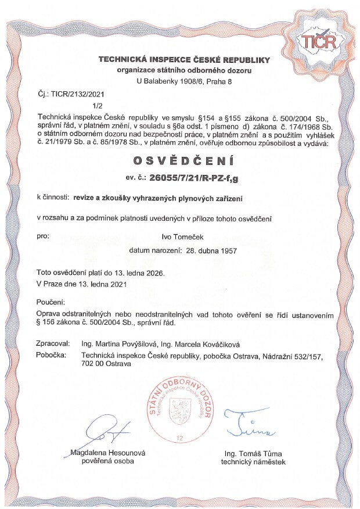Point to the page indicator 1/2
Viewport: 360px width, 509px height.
click(x=97, y=106)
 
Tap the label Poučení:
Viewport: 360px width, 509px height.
click(x=51, y=303)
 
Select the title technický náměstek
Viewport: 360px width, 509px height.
click(x=253, y=461)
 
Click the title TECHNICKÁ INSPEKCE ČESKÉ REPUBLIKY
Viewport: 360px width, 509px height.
click(x=183, y=60)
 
